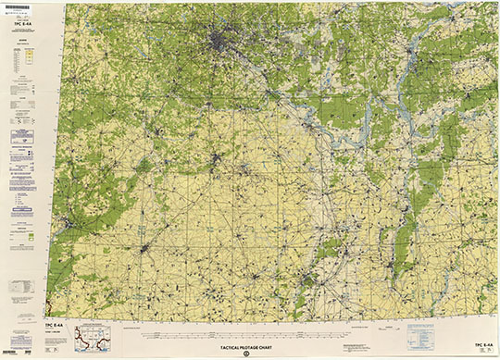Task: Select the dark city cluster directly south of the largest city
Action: (216, 159)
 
